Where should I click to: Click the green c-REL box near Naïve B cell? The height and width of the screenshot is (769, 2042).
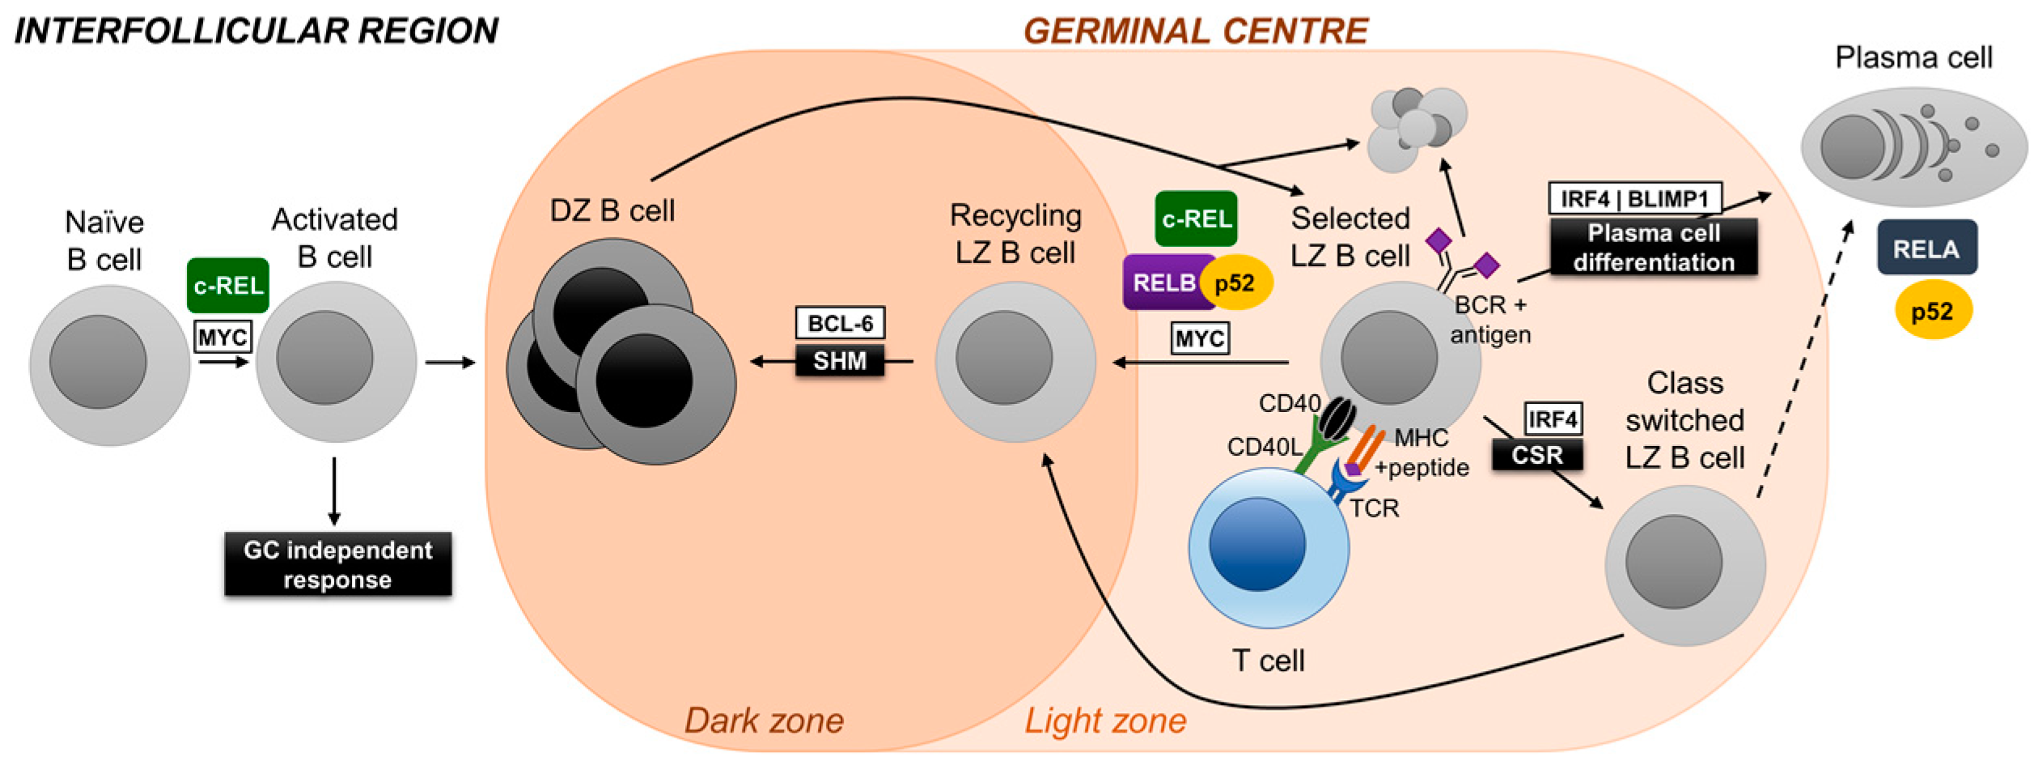227,286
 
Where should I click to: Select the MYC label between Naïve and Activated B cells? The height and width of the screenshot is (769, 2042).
222,337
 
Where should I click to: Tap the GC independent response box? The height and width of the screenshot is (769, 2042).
337,564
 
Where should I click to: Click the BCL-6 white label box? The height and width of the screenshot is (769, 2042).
840,323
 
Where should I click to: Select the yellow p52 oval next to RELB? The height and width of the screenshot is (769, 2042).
1235,283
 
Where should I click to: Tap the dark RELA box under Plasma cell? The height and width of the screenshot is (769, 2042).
1926,248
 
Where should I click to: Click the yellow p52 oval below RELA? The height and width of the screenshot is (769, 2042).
1932,311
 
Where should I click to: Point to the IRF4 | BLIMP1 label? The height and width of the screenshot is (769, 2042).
1634,198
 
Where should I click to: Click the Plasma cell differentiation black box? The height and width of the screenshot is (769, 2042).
1653,247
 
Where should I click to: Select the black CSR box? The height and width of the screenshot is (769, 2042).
1536,455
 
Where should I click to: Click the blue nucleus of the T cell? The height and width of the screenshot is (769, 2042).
1256,544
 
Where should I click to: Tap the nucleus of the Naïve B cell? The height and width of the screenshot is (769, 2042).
98,362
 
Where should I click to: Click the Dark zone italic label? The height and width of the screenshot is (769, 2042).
763,720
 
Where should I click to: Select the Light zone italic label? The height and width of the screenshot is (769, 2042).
1105,720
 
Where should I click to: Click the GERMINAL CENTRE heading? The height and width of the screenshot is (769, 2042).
1195,31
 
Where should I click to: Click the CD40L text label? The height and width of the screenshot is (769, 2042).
1264,447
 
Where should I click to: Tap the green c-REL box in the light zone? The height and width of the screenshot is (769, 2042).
1196,219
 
